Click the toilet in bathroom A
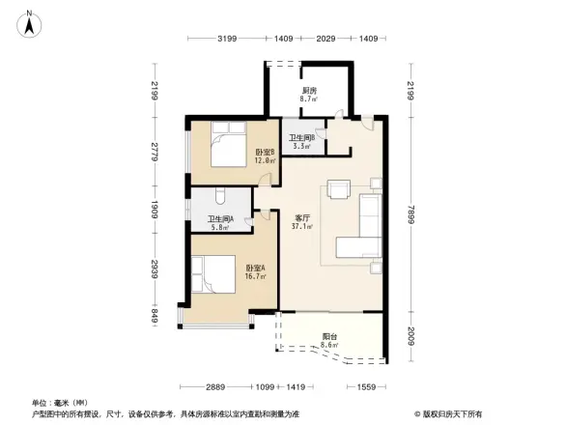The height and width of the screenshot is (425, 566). tap(221, 199)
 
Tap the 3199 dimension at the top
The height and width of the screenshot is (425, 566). tap(227, 39)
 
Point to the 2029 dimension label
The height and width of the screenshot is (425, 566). tap(325, 39)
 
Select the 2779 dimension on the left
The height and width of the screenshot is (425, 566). tap(153, 150)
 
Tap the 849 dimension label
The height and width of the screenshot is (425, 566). tap(153, 314)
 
